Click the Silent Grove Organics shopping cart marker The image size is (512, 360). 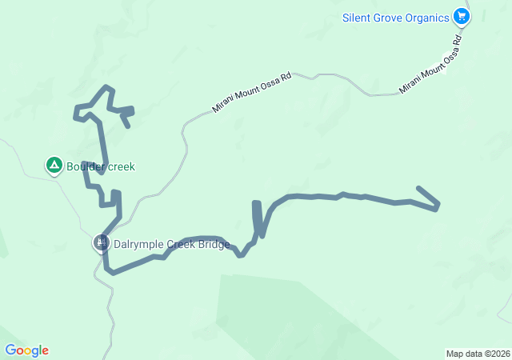(461, 16)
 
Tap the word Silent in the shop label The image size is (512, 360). (358, 18)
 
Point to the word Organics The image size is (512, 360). (428, 18)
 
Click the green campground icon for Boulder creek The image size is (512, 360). (54, 166)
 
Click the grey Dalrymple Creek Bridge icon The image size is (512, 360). (101, 242)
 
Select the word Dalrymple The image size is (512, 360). (141, 245)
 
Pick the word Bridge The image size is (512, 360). (214, 245)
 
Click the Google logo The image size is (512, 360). (26, 350)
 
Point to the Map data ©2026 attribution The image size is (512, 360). (477, 354)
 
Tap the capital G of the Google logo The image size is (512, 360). (10, 350)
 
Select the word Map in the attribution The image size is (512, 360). (454, 354)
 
